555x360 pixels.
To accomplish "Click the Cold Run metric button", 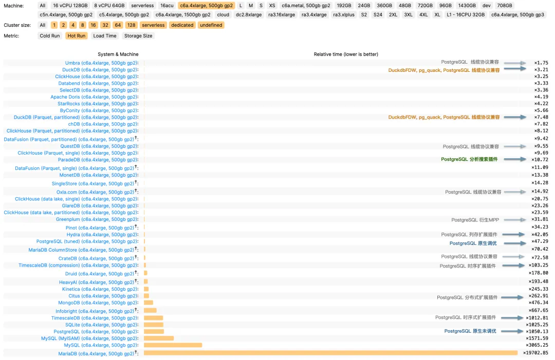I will click(x=50, y=36).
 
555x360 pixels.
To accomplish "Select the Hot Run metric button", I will click(x=77, y=36).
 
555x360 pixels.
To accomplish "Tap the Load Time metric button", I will click(x=105, y=36).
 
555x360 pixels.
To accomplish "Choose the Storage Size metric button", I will click(x=138, y=36).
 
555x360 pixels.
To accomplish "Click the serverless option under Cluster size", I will click(x=153, y=25).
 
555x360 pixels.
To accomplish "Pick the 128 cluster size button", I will click(x=131, y=25).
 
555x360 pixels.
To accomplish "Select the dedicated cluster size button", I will click(x=182, y=25).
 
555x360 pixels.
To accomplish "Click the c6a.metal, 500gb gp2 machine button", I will click(x=306, y=5).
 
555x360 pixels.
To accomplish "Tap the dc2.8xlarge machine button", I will click(x=249, y=15).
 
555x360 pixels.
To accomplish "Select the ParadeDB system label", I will click(x=98, y=160).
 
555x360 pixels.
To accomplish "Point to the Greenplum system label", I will click(x=97, y=219).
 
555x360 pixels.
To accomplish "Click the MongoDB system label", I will click(x=97, y=302).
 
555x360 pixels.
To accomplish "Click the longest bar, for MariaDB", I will click(x=330, y=353).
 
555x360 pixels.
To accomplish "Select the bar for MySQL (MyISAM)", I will click(x=159, y=338).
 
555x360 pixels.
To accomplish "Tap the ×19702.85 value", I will click(x=535, y=353).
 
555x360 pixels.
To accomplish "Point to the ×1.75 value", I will click(x=541, y=63).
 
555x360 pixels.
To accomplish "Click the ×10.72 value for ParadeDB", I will click(x=540, y=160).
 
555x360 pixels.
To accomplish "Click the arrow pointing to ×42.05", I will click(x=515, y=235).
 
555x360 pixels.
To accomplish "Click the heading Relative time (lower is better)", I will click(x=346, y=54).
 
